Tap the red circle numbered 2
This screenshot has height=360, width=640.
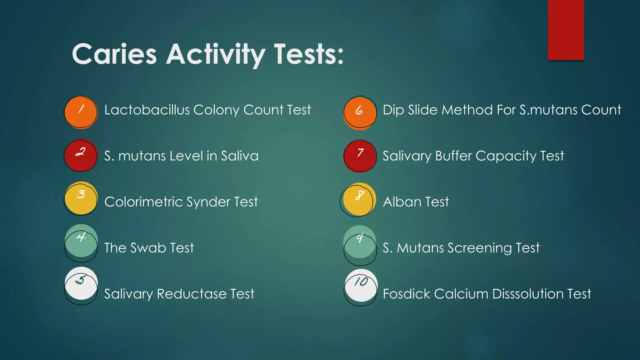pyautogui.click(x=81, y=155)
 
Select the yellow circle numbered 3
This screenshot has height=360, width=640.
pyautogui.click(x=81, y=198)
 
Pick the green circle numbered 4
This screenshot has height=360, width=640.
pyautogui.click(x=81, y=241)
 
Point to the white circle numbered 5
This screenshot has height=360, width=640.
pyautogui.click(x=81, y=283)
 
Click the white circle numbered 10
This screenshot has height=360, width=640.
pyautogui.click(x=361, y=285)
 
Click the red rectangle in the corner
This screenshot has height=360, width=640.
pyautogui.click(x=566, y=30)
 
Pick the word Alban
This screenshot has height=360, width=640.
pyautogui.click(x=402, y=202)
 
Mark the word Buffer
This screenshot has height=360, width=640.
pyautogui.click(x=453, y=156)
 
